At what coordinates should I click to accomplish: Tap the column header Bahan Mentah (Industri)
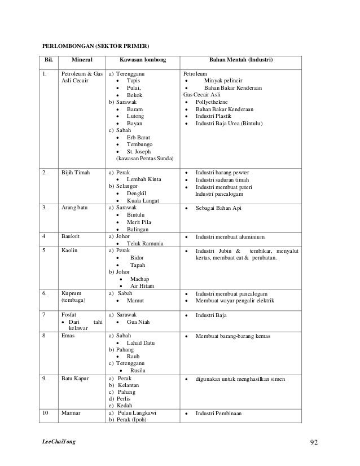pyautogui.click(x=241, y=60)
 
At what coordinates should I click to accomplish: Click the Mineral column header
pyautogui.click(x=82, y=60)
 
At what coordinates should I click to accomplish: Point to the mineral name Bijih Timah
pyautogui.click(x=74, y=172)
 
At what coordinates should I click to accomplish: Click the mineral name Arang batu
pyautogui.click(x=74, y=208)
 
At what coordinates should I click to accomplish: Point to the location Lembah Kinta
pyautogui.click(x=144, y=179)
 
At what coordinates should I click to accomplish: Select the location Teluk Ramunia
pyautogui.click(x=145, y=244)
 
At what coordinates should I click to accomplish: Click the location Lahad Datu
pyautogui.click(x=142, y=343)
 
